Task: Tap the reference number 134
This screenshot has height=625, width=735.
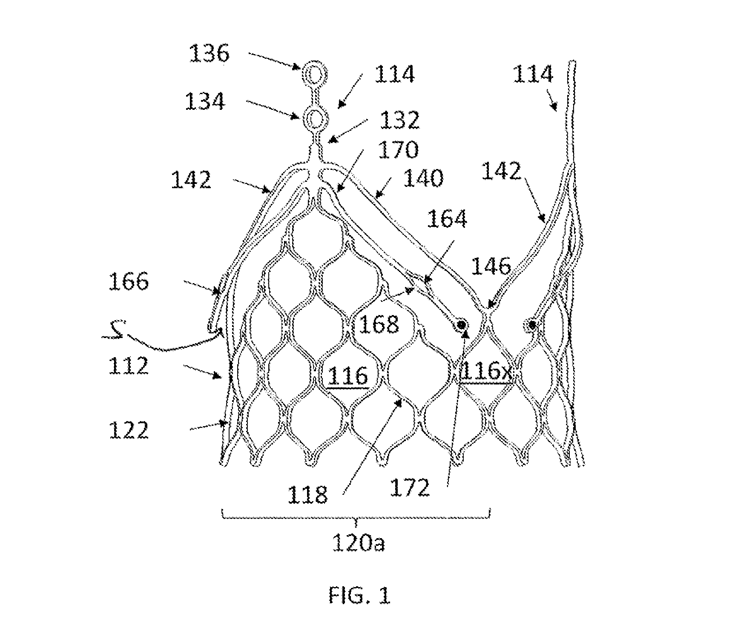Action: [205, 102]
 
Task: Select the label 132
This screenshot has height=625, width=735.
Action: [399, 120]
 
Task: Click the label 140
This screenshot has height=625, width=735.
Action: [423, 178]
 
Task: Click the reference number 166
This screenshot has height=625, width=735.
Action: [129, 281]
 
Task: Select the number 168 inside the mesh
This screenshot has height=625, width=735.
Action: [379, 325]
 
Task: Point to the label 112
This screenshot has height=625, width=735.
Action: [128, 366]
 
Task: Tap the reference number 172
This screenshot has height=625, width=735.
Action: [410, 488]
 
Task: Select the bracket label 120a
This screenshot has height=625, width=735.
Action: [359, 544]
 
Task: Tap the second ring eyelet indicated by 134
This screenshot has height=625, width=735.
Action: [314, 116]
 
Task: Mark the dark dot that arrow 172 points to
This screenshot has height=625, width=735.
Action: [461, 325]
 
